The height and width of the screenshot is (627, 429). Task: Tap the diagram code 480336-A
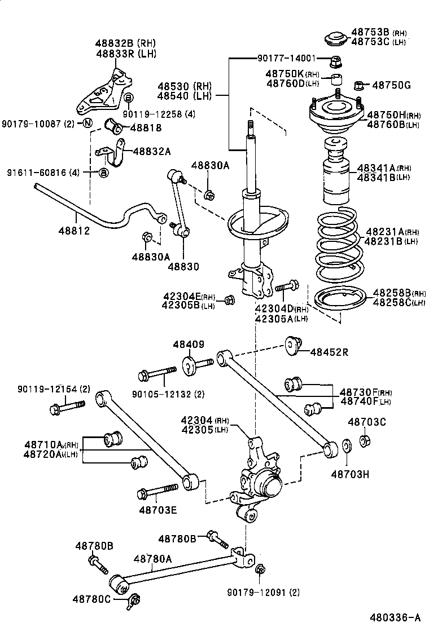pyautogui.click(x=395, y=617)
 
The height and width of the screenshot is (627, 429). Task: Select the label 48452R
pyautogui.click(x=330, y=353)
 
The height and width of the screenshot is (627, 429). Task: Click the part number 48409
pyautogui.click(x=189, y=345)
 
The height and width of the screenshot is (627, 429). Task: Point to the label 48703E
pyautogui.click(x=158, y=510)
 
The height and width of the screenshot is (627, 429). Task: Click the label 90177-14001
pyautogui.click(x=286, y=58)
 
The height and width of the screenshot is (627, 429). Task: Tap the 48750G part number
pyautogui.click(x=391, y=85)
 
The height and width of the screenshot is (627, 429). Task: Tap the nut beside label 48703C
pyautogui.click(x=365, y=440)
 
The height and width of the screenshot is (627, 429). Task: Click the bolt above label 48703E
pyautogui.click(x=157, y=492)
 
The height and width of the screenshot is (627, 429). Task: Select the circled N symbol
pyautogui.click(x=87, y=123)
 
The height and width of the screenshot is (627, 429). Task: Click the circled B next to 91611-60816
pyautogui.click(x=103, y=172)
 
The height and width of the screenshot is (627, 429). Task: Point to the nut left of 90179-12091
pyautogui.click(x=260, y=569)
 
